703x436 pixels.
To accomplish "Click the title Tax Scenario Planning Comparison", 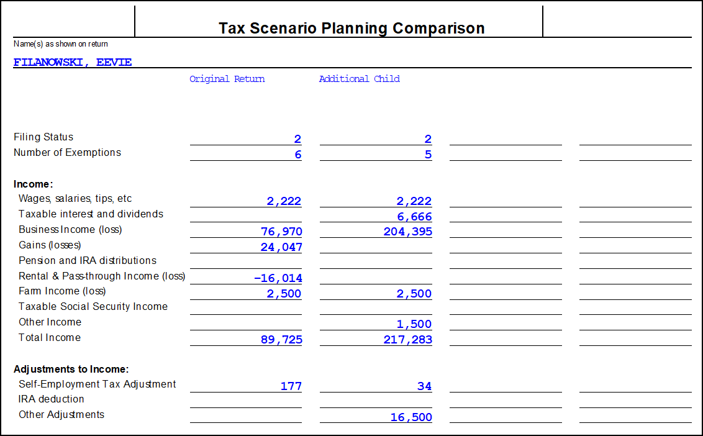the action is pyautogui.click(x=351, y=29).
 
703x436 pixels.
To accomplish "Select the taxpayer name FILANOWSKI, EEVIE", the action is pyautogui.click(x=73, y=62).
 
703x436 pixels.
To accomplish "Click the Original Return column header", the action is pyautogui.click(x=227, y=79).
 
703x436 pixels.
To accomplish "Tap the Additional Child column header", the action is pyautogui.click(x=359, y=79).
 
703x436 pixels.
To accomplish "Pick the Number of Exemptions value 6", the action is pyautogui.click(x=297, y=155).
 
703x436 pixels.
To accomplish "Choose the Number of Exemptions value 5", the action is pyautogui.click(x=428, y=155).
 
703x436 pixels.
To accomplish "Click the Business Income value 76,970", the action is pyautogui.click(x=281, y=232).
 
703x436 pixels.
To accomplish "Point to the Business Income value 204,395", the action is pyautogui.click(x=407, y=232).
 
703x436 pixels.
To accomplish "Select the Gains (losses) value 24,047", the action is pyautogui.click(x=281, y=247).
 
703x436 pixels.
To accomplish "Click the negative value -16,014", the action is pyautogui.click(x=278, y=278).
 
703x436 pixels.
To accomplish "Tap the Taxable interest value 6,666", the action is pyautogui.click(x=414, y=217).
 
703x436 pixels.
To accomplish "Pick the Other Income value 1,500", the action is pyautogui.click(x=414, y=324).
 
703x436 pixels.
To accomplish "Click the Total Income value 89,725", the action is pyautogui.click(x=281, y=340).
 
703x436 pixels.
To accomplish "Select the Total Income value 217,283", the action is pyautogui.click(x=407, y=340).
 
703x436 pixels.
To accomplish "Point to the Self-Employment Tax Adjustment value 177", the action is pyautogui.click(x=291, y=386).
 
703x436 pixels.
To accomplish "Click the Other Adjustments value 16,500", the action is pyautogui.click(x=411, y=417).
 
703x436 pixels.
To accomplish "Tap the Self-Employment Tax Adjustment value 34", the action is pyautogui.click(x=424, y=386).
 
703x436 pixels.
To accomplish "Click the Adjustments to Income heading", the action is pyautogui.click(x=71, y=369).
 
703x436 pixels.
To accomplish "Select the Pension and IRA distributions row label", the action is pyautogui.click(x=88, y=261).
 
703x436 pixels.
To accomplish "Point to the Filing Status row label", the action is pyautogui.click(x=43, y=137).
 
